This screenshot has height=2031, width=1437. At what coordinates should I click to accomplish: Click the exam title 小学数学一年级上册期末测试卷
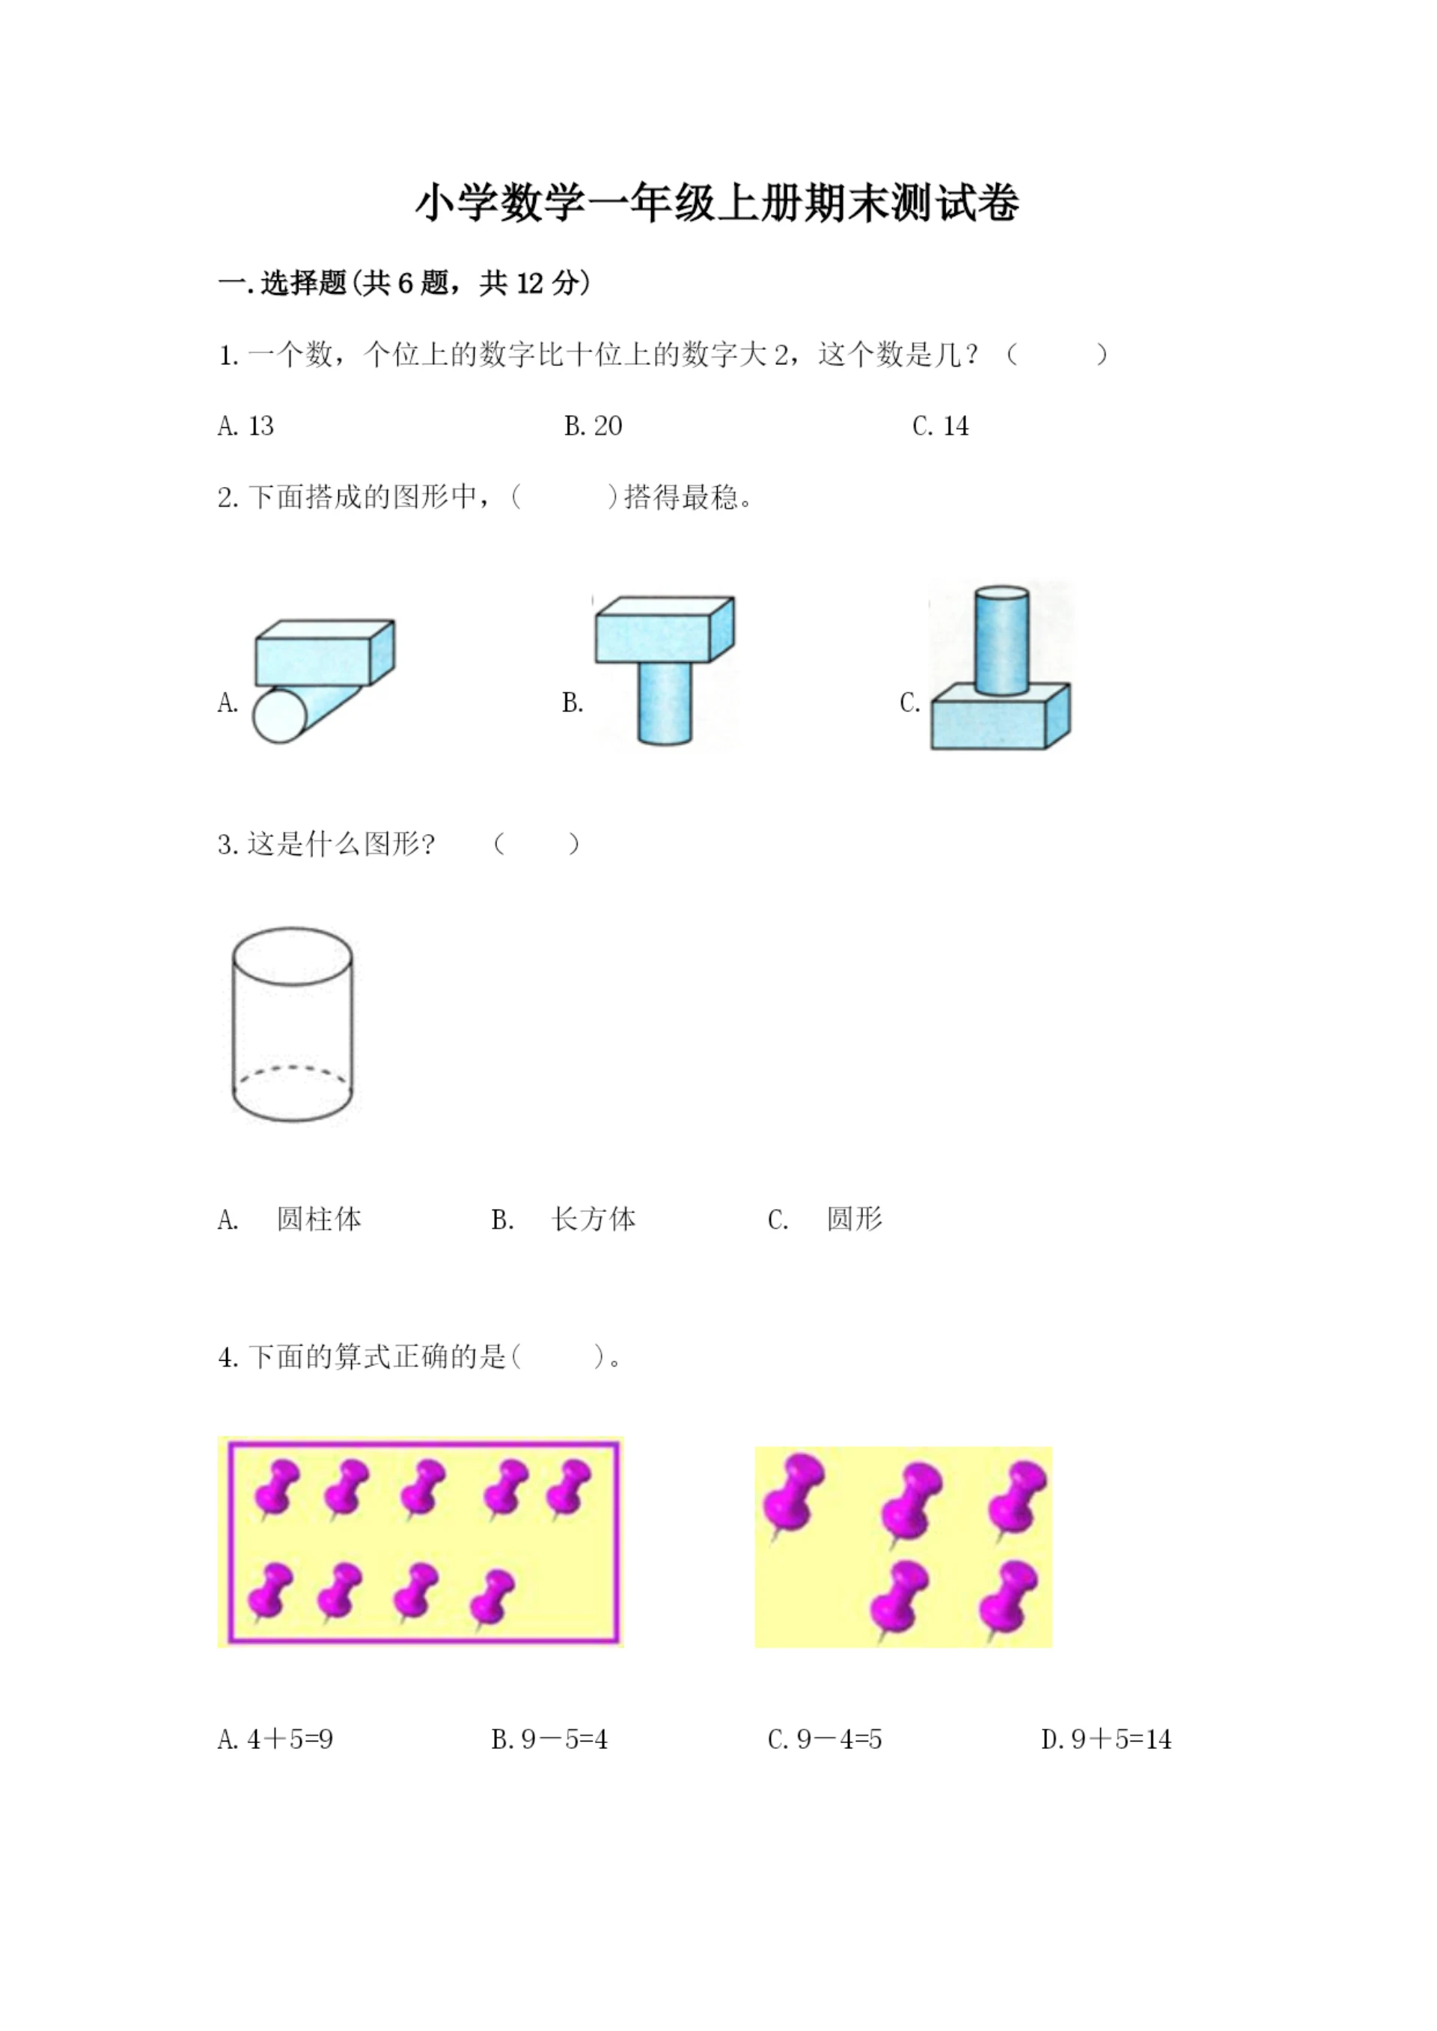(718, 203)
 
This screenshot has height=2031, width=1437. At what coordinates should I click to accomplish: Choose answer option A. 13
(246, 426)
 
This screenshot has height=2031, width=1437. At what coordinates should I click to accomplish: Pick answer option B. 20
(593, 426)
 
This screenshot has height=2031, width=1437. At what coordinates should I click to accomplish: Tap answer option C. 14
(940, 426)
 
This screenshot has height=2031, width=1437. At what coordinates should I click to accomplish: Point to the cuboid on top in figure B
(664, 630)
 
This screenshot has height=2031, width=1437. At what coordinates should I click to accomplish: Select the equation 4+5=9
(276, 1739)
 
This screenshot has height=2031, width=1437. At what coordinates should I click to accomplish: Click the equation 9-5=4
(549, 1739)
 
